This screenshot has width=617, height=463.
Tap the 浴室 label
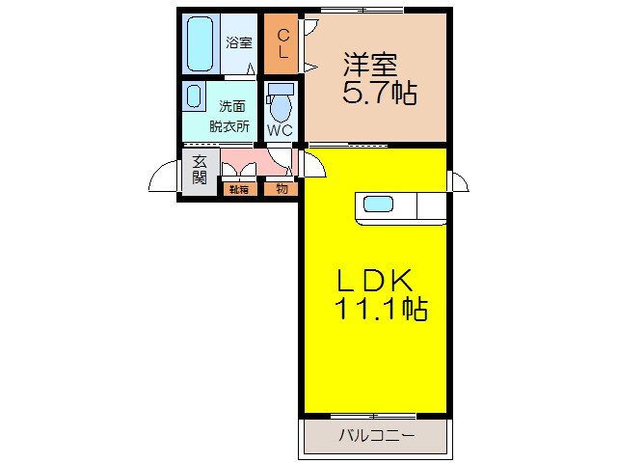pyautogui.click(x=239, y=42)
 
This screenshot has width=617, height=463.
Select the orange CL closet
pyautogui.click(x=282, y=43)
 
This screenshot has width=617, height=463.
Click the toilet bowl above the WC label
pyautogui.click(x=281, y=102)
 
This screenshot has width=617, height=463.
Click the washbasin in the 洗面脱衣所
pyautogui.click(x=195, y=97)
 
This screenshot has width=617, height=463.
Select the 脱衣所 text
pyautogui.click(x=229, y=125)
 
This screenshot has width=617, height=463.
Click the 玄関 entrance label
pyautogui.click(x=200, y=171)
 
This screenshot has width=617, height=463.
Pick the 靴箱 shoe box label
pyautogui.click(x=238, y=189)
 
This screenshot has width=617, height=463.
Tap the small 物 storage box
pyautogui.click(x=282, y=189)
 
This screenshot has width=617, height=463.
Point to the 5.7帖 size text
pyautogui.click(x=379, y=95)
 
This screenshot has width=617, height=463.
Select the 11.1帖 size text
pyautogui.click(x=381, y=311)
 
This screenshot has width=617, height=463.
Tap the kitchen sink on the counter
pyautogui.click(x=377, y=204)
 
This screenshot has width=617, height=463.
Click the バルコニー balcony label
pyautogui.click(x=376, y=436)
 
